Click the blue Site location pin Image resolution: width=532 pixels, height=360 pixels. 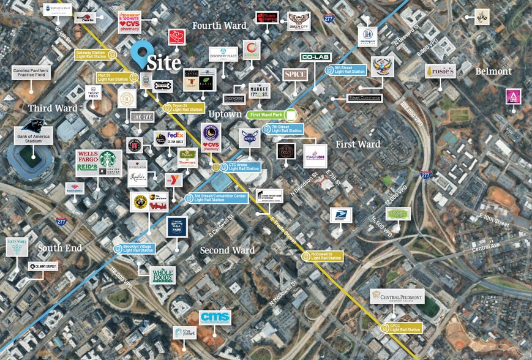(x=143, y=53)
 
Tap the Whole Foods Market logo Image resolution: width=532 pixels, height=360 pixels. (x=163, y=275)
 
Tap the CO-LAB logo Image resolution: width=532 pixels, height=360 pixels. (x=315, y=57)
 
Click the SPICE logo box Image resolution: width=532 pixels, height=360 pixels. (x=295, y=75)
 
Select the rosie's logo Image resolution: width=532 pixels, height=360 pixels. (x=441, y=72)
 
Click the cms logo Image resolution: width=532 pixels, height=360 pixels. (x=215, y=317)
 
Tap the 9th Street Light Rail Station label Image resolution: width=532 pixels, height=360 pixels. (x=350, y=69)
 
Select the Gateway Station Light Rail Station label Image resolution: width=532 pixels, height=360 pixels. (x=95, y=55)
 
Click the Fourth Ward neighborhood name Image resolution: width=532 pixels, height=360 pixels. (x=219, y=26)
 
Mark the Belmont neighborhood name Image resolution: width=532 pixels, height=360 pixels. (x=493, y=72)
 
